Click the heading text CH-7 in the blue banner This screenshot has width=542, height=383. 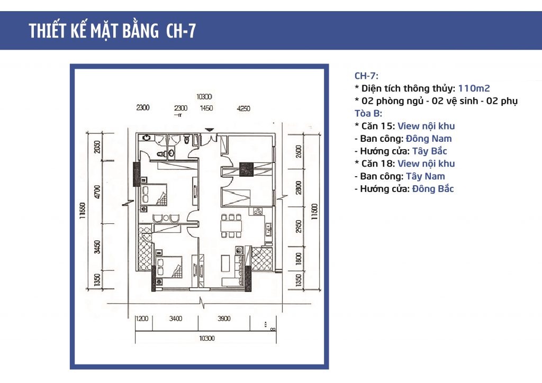coord(180,31)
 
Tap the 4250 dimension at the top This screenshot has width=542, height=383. coord(243,108)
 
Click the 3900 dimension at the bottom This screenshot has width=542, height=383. coord(223,318)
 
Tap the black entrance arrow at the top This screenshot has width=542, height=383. coord(210,129)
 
